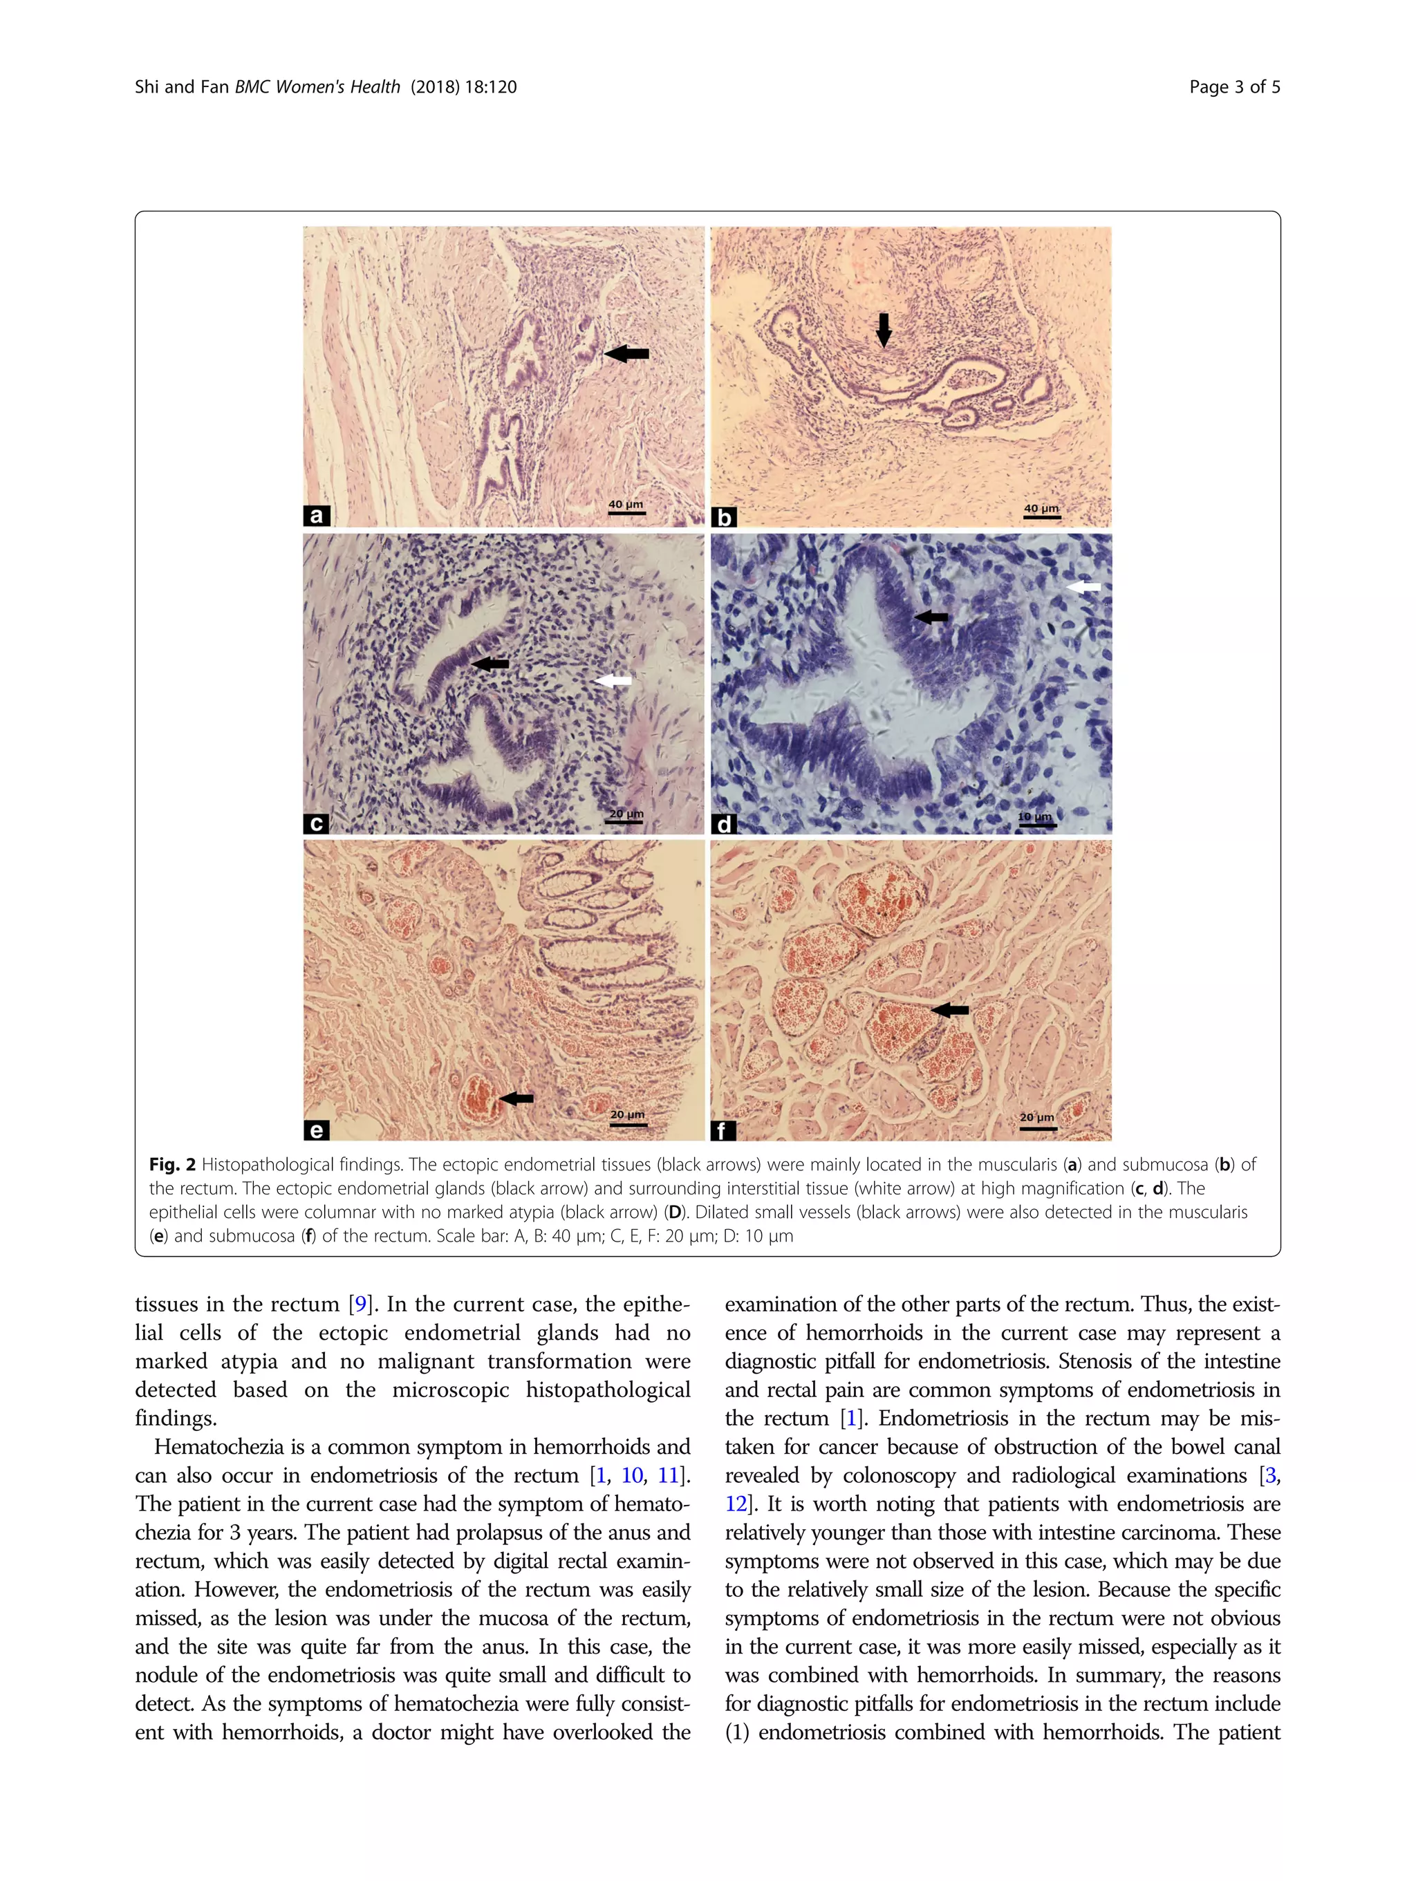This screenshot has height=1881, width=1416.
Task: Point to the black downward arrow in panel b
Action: (884, 330)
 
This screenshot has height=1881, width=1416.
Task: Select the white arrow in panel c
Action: (613, 680)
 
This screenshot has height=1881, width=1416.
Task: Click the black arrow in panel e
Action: (516, 1098)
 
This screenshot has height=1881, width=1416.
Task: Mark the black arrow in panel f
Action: (950, 1009)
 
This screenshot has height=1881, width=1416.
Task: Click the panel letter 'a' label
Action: (317, 515)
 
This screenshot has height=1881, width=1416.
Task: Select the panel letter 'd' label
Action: (724, 823)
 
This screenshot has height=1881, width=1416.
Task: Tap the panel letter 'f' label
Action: (723, 1130)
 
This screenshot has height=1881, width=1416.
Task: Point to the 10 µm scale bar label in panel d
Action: (1035, 816)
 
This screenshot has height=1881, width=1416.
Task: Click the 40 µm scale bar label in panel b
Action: (1041, 509)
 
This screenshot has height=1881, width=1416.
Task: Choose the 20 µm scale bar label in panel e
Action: (628, 1115)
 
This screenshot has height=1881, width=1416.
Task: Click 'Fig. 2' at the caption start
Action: (173, 1164)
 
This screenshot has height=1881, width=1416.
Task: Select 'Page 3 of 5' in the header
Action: (1234, 86)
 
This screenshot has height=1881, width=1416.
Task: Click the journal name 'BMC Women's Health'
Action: (317, 86)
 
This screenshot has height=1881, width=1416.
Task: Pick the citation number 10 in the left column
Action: (632, 1475)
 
